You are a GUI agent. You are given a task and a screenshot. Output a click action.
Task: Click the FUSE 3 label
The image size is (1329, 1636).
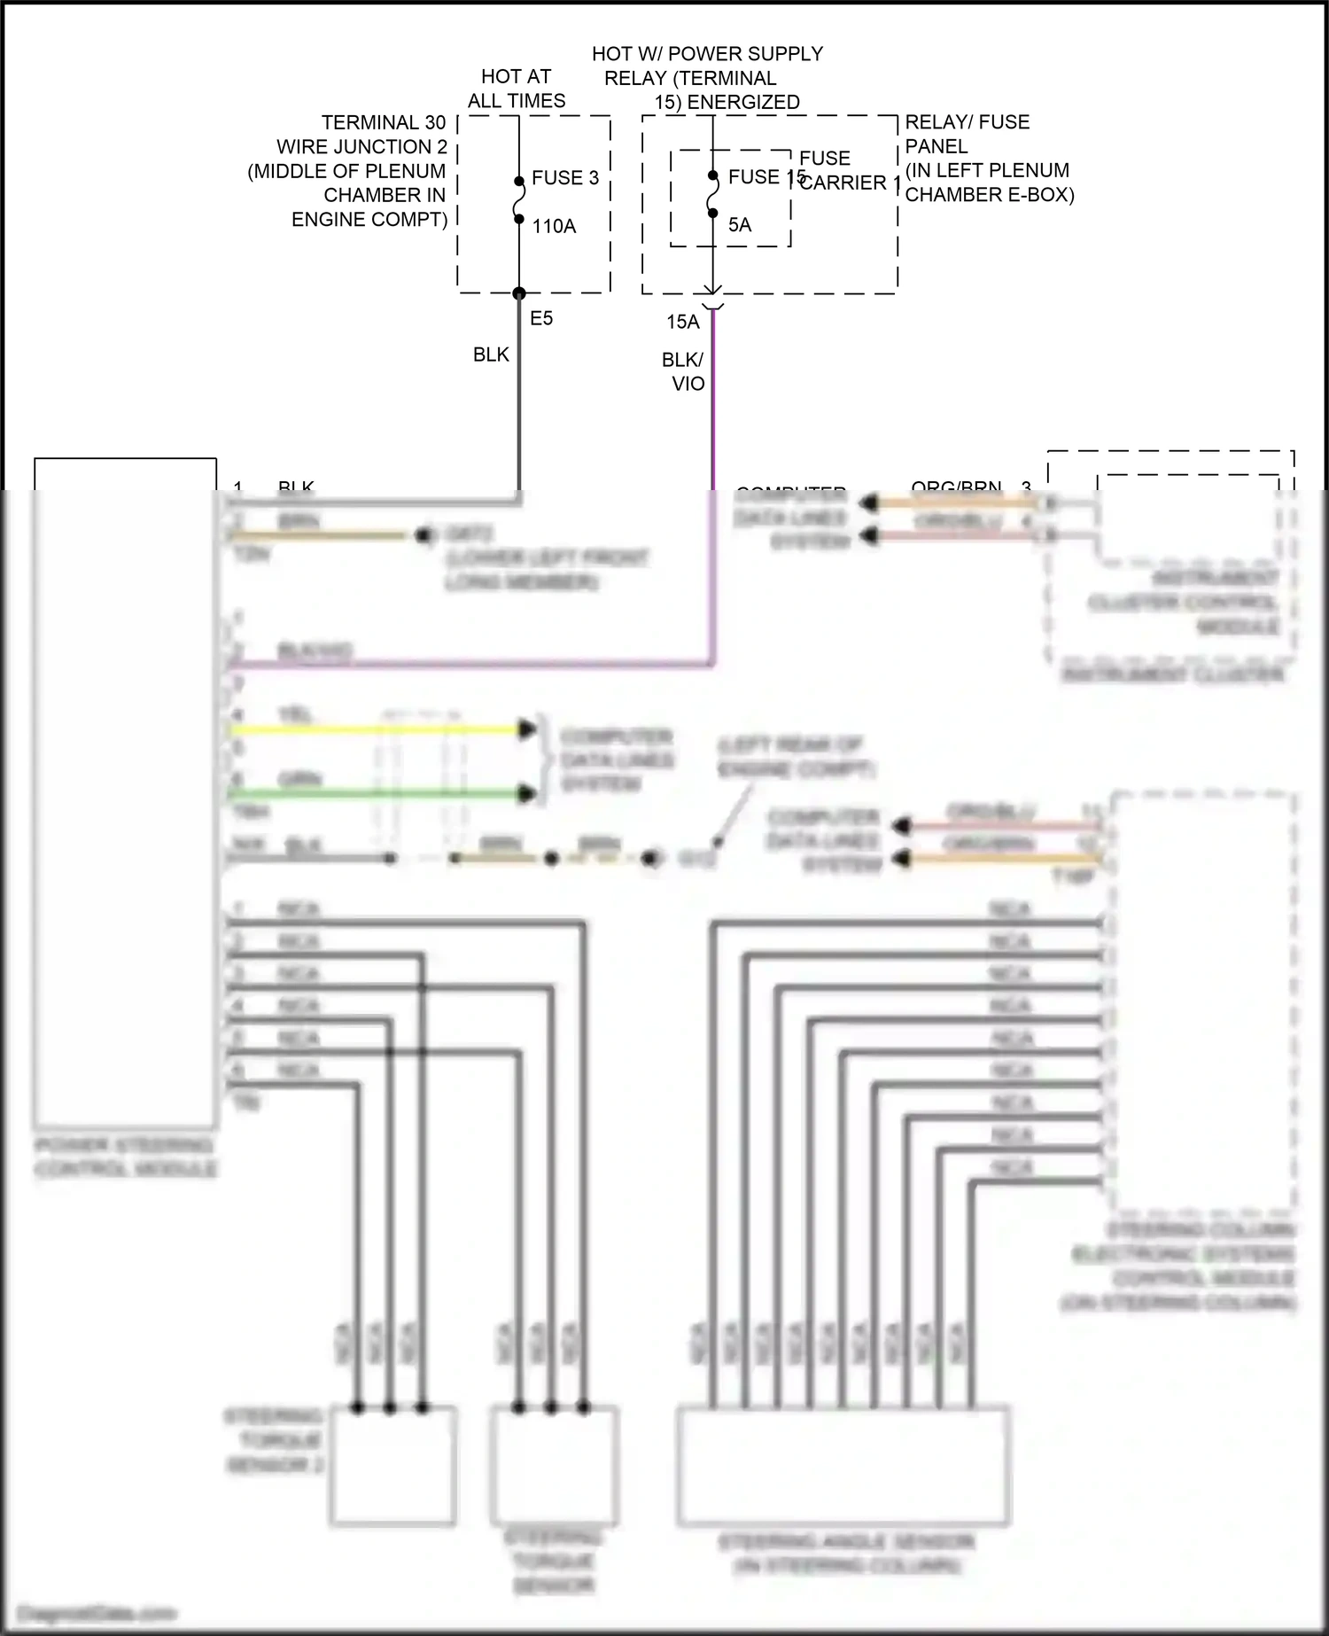(x=564, y=178)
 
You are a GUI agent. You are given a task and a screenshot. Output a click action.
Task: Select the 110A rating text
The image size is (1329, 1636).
(x=554, y=227)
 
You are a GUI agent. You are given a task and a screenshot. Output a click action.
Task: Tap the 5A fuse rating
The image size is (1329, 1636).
(x=739, y=225)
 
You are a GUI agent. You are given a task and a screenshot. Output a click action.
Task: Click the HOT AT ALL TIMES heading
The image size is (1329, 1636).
(x=516, y=89)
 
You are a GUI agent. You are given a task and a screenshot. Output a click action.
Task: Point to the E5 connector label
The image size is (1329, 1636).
(x=540, y=319)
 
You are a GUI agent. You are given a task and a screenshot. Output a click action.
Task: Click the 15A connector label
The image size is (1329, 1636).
(x=682, y=323)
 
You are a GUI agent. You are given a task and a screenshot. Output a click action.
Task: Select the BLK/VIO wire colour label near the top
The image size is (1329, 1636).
(x=683, y=372)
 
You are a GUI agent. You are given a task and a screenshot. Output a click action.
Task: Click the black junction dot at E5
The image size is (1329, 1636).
(x=519, y=293)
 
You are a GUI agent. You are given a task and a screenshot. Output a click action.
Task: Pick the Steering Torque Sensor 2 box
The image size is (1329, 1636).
(x=393, y=1466)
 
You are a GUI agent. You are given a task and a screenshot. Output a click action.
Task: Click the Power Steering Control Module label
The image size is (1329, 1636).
(x=125, y=1157)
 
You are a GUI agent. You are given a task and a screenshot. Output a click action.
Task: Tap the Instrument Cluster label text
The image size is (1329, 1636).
(x=1172, y=675)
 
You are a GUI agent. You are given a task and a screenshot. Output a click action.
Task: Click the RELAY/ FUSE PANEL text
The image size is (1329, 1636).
(x=966, y=134)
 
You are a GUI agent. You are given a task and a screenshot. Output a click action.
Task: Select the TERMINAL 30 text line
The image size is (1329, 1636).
(x=383, y=122)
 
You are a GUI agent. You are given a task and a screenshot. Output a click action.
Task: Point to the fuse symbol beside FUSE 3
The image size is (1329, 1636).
(x=519, y=200)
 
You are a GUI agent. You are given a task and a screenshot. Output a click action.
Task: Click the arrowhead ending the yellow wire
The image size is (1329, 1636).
(x=528, y=730)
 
